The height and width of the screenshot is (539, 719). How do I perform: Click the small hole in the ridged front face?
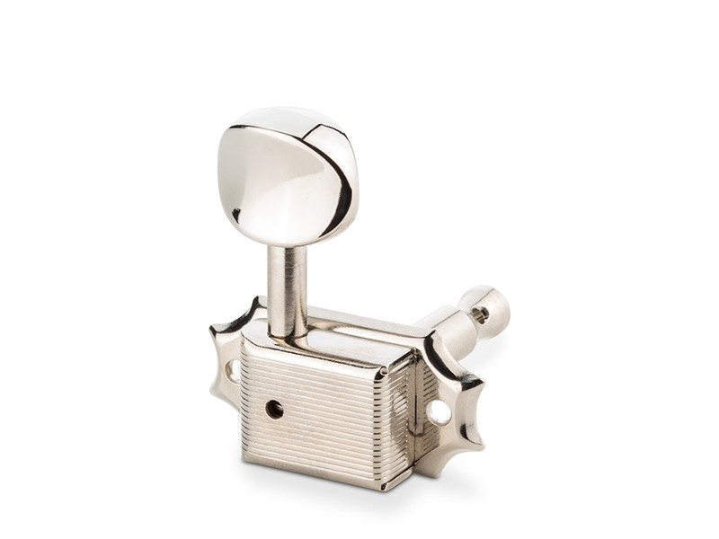pyautogui.click(x=274, y=409)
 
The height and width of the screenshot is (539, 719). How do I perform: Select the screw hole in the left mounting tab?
pyautogui.click(x=231, y=369)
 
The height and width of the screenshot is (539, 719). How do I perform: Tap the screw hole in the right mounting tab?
pyautogui.click(x=439, y=411)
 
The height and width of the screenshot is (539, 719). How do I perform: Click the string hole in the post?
pyautogui.click(x=482, y=314)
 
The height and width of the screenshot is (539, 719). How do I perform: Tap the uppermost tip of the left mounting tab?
pyautogui.click(x=254, y=301)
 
